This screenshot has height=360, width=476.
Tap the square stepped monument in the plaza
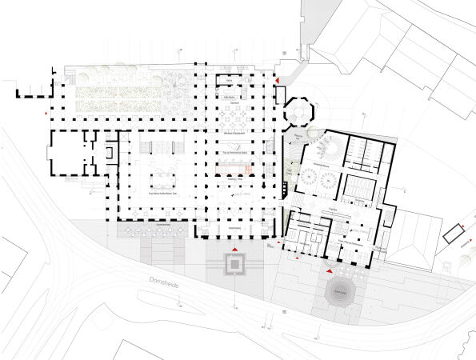pos(234,263)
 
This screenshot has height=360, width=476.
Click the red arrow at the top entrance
pos(278,81)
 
